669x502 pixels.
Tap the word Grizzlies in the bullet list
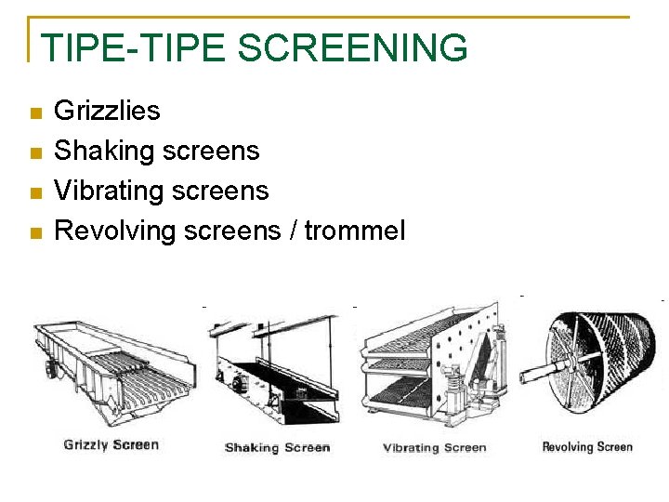107,111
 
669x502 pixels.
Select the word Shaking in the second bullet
104,151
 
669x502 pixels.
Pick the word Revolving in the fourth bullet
115,231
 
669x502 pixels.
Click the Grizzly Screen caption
111,444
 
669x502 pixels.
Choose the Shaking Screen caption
277,447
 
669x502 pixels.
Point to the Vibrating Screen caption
434,447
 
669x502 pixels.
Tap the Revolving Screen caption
586,447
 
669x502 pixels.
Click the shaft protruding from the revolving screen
534,376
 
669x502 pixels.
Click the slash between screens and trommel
293,231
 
